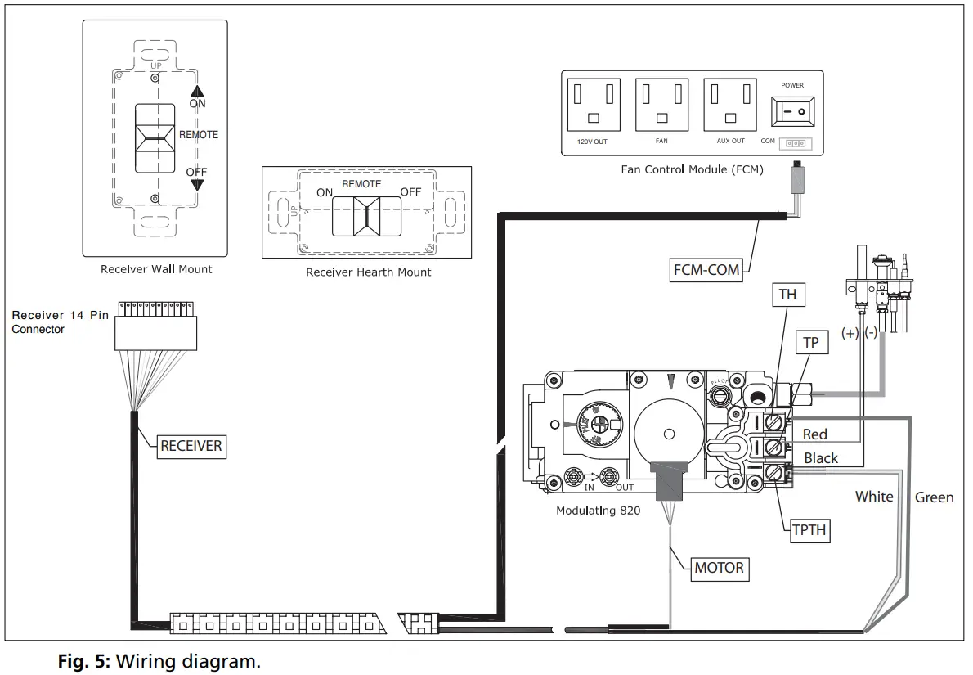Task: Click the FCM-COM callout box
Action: (706, 270)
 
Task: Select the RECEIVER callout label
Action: (191, 446)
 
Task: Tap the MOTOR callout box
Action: (719, 567)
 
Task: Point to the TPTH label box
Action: (809, 530)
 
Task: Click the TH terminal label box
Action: (787, 294)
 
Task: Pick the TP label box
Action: (810, 342)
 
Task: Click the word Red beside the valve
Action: (814, 434)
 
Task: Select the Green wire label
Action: (934, 497)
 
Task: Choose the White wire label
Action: (874, 496)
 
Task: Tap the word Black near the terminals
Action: (820, 458)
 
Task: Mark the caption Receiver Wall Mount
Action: (156, 269)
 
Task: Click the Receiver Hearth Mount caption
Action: (368, 272)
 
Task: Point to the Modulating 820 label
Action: (598, 511)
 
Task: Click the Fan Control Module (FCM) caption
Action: (692, 171)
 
